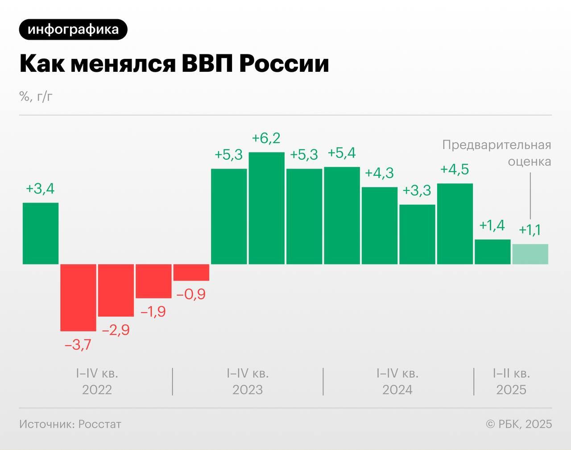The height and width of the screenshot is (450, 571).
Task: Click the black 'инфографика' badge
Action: click(73, 29)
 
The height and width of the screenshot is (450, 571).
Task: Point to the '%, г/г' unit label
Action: click(36, 96)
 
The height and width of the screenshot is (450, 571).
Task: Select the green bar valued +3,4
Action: click(41, 233)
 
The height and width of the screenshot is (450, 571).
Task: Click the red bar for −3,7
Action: click(78, 297)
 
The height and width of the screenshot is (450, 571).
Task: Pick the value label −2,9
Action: click(116, 330)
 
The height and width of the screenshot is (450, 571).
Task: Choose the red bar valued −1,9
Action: click(153, 281)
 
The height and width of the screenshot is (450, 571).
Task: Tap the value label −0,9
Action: click(191, 294)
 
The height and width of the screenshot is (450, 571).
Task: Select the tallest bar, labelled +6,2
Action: click(266, 208)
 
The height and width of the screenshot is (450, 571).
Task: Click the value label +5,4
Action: click(342, 153)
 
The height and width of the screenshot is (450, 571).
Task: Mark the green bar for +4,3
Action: click(379, 225)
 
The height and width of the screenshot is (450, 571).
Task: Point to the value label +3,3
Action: click(417, 190)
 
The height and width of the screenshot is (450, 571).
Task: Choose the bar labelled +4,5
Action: click(455, 223)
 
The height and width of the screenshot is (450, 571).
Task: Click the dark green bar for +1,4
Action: click(492, 252)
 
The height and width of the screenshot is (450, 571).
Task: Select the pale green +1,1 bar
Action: click(530, 254)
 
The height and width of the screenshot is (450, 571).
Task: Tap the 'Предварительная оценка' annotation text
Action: click(497, 153)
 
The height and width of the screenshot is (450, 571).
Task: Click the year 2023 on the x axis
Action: click(248, 390)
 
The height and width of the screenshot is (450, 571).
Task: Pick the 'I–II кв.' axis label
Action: click(511, 373)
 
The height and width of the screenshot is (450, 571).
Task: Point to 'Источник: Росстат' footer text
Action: click(70, 424)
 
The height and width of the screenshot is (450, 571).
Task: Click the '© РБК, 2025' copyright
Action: click(519, 424)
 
